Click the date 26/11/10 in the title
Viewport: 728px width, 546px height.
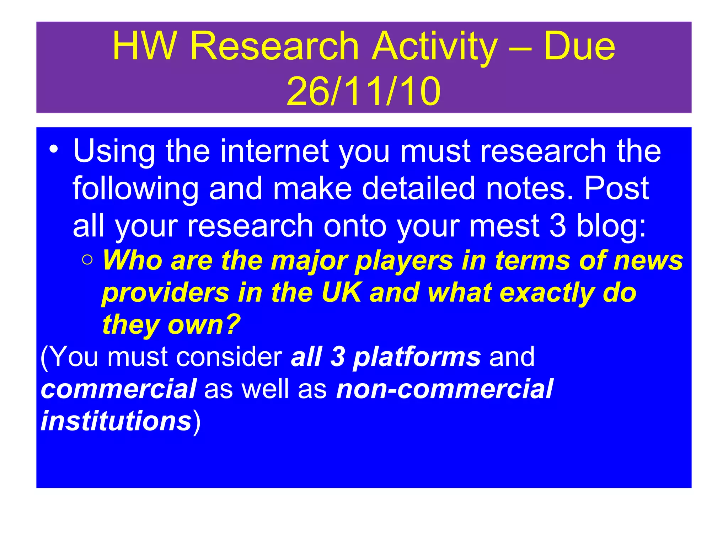(x=363, y=92)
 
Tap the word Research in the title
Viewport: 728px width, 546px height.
(x=274, y=46)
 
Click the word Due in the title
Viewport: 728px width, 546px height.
(x=579, y=46)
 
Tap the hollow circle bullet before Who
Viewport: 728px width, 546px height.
(x=87, y=260)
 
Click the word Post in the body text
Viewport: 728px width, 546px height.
(x=616, y=188)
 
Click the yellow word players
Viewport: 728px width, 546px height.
(x=404, y=261)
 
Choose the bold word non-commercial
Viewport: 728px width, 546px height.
(x=444, y=389)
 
